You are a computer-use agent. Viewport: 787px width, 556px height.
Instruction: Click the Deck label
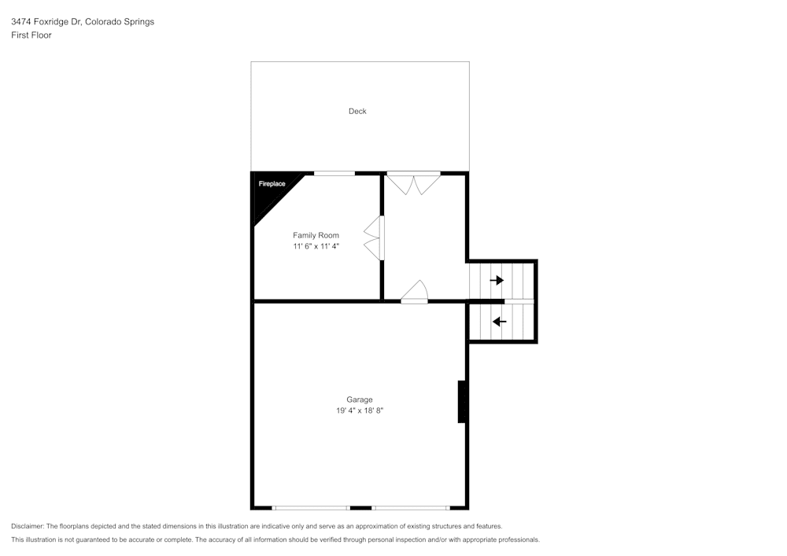point(357,111)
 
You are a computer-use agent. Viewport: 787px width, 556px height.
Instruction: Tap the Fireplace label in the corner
point(272,184)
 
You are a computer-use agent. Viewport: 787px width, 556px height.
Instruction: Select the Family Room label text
point(316,235)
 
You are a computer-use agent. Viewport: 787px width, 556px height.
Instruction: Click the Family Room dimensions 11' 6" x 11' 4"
point(316,246)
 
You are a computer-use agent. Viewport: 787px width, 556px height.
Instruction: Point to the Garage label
point(360,400)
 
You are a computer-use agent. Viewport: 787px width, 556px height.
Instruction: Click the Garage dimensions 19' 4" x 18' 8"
point(360,411)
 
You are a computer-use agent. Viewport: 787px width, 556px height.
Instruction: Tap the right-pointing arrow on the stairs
point(497,280)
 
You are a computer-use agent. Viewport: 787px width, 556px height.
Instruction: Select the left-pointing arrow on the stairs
point(499,321)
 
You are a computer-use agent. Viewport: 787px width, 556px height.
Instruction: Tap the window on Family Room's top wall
point(334,173)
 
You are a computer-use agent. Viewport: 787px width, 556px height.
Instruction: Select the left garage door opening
point(311,507)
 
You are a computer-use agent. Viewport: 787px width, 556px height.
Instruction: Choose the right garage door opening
point(410,507)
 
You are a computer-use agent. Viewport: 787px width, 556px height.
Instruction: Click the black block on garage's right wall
point(463,402)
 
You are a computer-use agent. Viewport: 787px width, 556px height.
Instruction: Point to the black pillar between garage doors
point(360,507)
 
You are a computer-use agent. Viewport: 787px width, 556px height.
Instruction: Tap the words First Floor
point(31,35)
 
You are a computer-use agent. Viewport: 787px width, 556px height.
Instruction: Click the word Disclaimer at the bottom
point(28,526)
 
